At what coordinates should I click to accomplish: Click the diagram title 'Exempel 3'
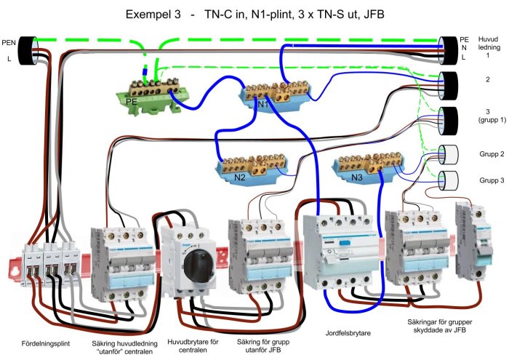coord(153,15)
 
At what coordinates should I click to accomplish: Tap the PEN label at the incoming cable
coord(9,42)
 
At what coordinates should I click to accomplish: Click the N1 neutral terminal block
coord(275,95)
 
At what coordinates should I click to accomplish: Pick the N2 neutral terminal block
coord(252,168)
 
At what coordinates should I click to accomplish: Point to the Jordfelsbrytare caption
coord(348,333)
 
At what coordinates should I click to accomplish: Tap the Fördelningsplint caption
coord(46,343)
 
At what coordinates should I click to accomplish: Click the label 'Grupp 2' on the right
coord(492,154)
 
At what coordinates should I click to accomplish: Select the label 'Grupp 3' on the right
coord(492,180)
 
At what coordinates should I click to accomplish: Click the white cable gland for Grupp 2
coord(449,154)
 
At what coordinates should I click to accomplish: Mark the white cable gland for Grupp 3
coord(449,180)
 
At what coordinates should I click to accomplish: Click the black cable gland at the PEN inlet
coord(28,51)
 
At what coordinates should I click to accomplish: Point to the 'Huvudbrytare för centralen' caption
coord(193,346)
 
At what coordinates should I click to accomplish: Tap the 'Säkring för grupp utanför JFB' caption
coord(263,346)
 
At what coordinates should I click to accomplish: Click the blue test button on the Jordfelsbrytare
coord(344,242)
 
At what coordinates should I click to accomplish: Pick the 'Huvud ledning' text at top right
coord(489,43)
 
